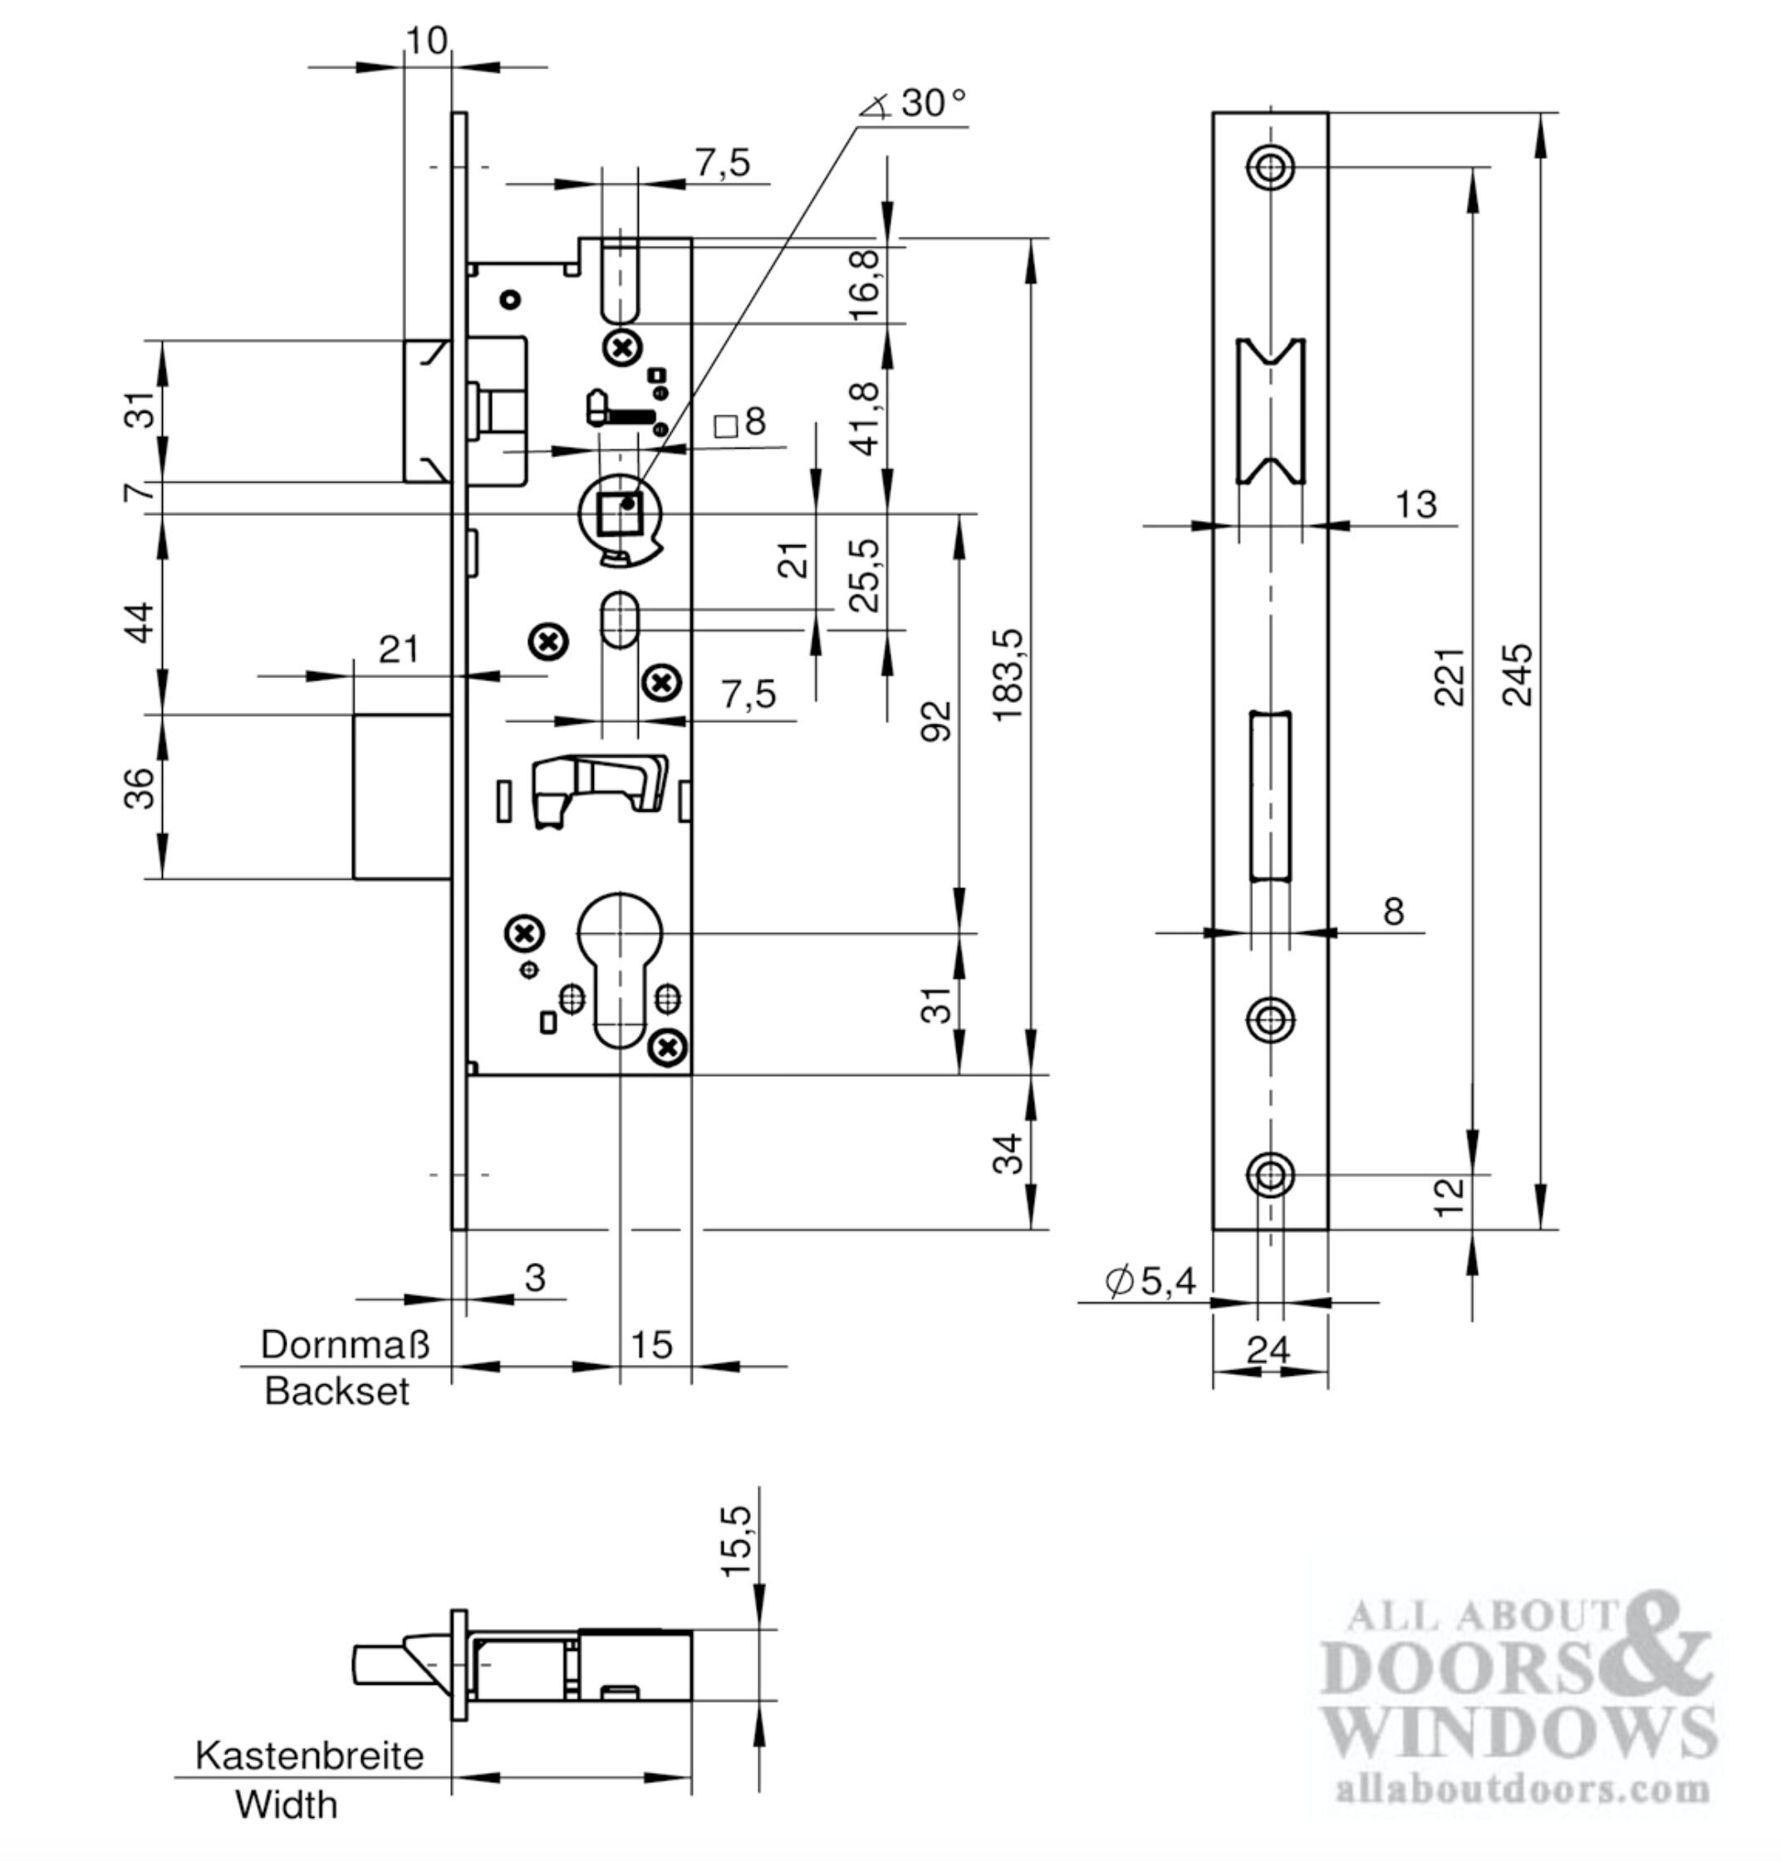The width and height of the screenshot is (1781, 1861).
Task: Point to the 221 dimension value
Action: click(1449, 676)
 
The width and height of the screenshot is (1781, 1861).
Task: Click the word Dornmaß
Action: click(345, 1344)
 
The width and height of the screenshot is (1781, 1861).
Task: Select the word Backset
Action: click(336, 1392)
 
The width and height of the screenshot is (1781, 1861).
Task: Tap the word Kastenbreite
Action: click(310, 1755)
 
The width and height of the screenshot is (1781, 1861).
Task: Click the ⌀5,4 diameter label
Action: click(1151, 1281)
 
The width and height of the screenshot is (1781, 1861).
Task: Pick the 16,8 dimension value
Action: click(864, 286)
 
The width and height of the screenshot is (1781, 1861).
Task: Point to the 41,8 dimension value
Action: click(864, 419)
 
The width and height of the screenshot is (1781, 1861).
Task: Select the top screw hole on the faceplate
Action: click(1270, 168)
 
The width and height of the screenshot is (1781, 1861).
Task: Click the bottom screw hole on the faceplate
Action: click(1270, 1176)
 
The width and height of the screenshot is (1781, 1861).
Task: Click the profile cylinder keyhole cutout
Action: click(619, 964)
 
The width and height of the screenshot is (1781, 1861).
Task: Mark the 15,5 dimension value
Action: click(738, 1540)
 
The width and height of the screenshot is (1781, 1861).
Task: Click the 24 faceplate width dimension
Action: click(1269, 1349)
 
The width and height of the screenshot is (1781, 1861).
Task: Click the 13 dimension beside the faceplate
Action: click(1415, 505)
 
